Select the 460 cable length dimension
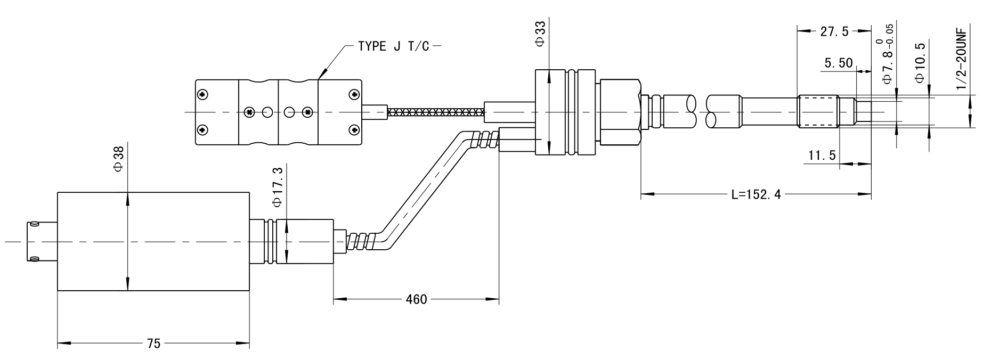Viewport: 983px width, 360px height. pyautogui.click(x=416, y=299)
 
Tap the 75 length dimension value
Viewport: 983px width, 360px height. pyautogui.click(x=153, y=344)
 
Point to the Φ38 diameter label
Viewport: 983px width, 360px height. pyautogui.click(x=118, y=159)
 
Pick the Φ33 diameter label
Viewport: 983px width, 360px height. pyautogui.click(x=540, y=35)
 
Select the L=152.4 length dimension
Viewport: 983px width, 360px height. pyautogui.click(x=755, y=194)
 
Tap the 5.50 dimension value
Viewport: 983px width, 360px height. pyautogui.click(x=838, y=63)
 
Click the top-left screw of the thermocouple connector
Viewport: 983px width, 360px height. pyautogui.click(x=202, y=95)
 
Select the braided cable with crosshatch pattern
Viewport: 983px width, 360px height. pyautogui.click(x=436, y=112)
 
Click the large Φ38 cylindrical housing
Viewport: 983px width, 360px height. pyautogui.click(x=153, y=241)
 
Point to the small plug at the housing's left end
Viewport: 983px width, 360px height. pyautogui.click(x=42, y=241)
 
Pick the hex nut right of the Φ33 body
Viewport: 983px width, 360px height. pyautogui.click(x=619, y=112)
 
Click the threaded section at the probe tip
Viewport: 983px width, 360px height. pyautogui.click(x=819, y=112)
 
